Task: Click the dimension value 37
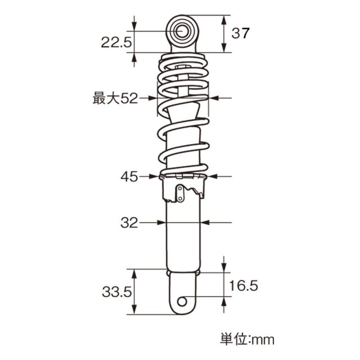click(240, 33)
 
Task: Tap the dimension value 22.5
click(116, 41)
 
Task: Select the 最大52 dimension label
click(115, 98)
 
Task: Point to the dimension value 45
click(129, 177)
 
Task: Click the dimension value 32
click(129, 223)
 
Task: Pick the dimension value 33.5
click(116, 292)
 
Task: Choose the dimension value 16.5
click(244, 286)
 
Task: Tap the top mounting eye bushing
click(182, 31)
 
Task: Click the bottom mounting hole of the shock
click(182, 302)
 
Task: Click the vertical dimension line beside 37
click(224, 33)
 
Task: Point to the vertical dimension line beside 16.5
click(224, 285)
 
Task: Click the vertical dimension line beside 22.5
click(134, 41)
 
